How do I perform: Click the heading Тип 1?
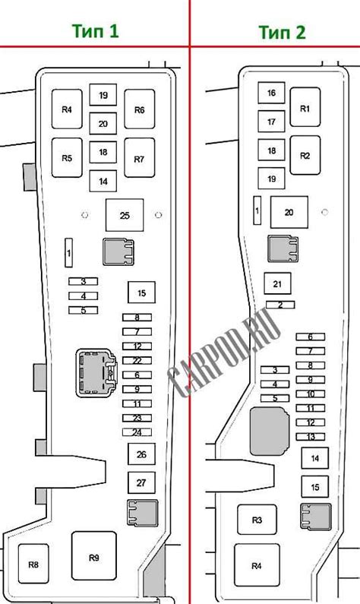click(95, 31)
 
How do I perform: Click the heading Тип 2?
click(283, 32)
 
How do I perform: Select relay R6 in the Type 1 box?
click(140, 109)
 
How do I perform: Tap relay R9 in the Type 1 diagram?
click(94, 558)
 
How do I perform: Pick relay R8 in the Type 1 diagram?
click(33, 564)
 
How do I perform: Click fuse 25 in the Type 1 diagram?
click(125, 215)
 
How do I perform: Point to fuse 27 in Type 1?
click(141, 482)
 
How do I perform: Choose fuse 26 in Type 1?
click(141, 454)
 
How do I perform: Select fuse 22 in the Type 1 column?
click(137, 361)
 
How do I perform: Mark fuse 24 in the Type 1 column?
click(137, 432)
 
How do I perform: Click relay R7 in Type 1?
click(140, 158)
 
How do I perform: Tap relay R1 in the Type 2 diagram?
click(305, 107)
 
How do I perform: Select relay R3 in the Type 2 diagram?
click(257, 520)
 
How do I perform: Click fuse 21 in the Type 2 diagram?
click(277, 283)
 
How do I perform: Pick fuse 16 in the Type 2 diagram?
click(271, 93)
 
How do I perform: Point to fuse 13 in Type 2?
click(311, 437)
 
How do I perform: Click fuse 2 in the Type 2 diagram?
click(280, 305)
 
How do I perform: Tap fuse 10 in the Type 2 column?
click(311, 394)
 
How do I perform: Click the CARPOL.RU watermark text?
click(225, 354)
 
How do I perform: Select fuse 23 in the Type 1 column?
click(137, 418)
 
